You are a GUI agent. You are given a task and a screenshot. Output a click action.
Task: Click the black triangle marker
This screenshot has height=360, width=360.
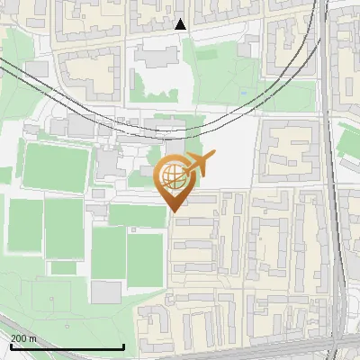click(x=181, y=24)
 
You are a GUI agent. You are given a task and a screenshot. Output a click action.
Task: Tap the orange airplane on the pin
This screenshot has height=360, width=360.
click(x=198, y=165)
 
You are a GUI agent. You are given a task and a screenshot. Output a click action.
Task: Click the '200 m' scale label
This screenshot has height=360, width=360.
click(x=23, y=338)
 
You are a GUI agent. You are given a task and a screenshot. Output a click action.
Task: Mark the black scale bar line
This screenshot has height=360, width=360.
click(x=67, y=347)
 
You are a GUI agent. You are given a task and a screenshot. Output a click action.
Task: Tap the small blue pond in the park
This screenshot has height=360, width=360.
click(x=243, y=92)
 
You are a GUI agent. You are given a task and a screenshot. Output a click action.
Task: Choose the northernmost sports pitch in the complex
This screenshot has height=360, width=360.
click(x=56, y=166)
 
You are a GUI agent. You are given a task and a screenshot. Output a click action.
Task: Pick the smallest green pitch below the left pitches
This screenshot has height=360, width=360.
click(x=63, y=267)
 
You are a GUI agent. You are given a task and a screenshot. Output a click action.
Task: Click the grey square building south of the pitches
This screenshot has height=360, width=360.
click(x=106, y=292)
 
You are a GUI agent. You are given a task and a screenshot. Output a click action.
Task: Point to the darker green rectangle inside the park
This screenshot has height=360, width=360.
click(x=207, y=54)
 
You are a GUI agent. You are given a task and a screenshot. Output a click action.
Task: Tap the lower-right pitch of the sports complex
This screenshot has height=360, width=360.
click(x=144, y=259)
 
